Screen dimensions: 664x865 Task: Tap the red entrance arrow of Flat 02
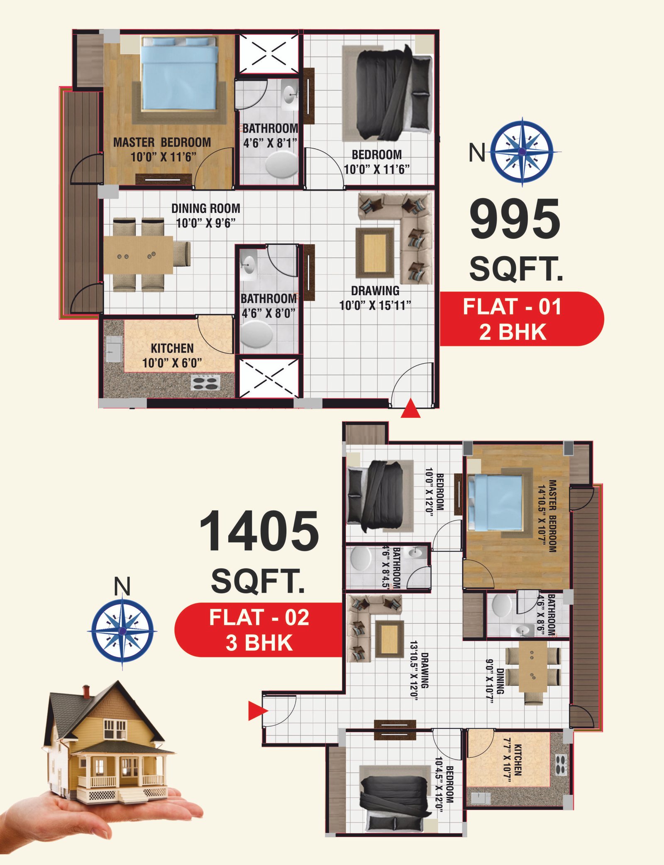tap(258, 711)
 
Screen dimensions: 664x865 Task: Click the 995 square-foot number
tap(515, 219)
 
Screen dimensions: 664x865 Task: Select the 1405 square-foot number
tap(259, 531)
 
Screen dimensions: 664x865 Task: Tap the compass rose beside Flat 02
tap(122, 630)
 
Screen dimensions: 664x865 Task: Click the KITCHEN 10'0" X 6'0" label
tap(172, 355)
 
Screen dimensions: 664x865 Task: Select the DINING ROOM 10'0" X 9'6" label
tap(206, 216)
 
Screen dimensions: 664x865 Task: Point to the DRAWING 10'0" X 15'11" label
tap(375, 298)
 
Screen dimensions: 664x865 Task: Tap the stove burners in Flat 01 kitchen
tap(205, 382)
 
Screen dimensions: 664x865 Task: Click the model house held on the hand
tap(109, 746)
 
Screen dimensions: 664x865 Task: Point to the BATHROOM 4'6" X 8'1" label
tap(270, 135)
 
